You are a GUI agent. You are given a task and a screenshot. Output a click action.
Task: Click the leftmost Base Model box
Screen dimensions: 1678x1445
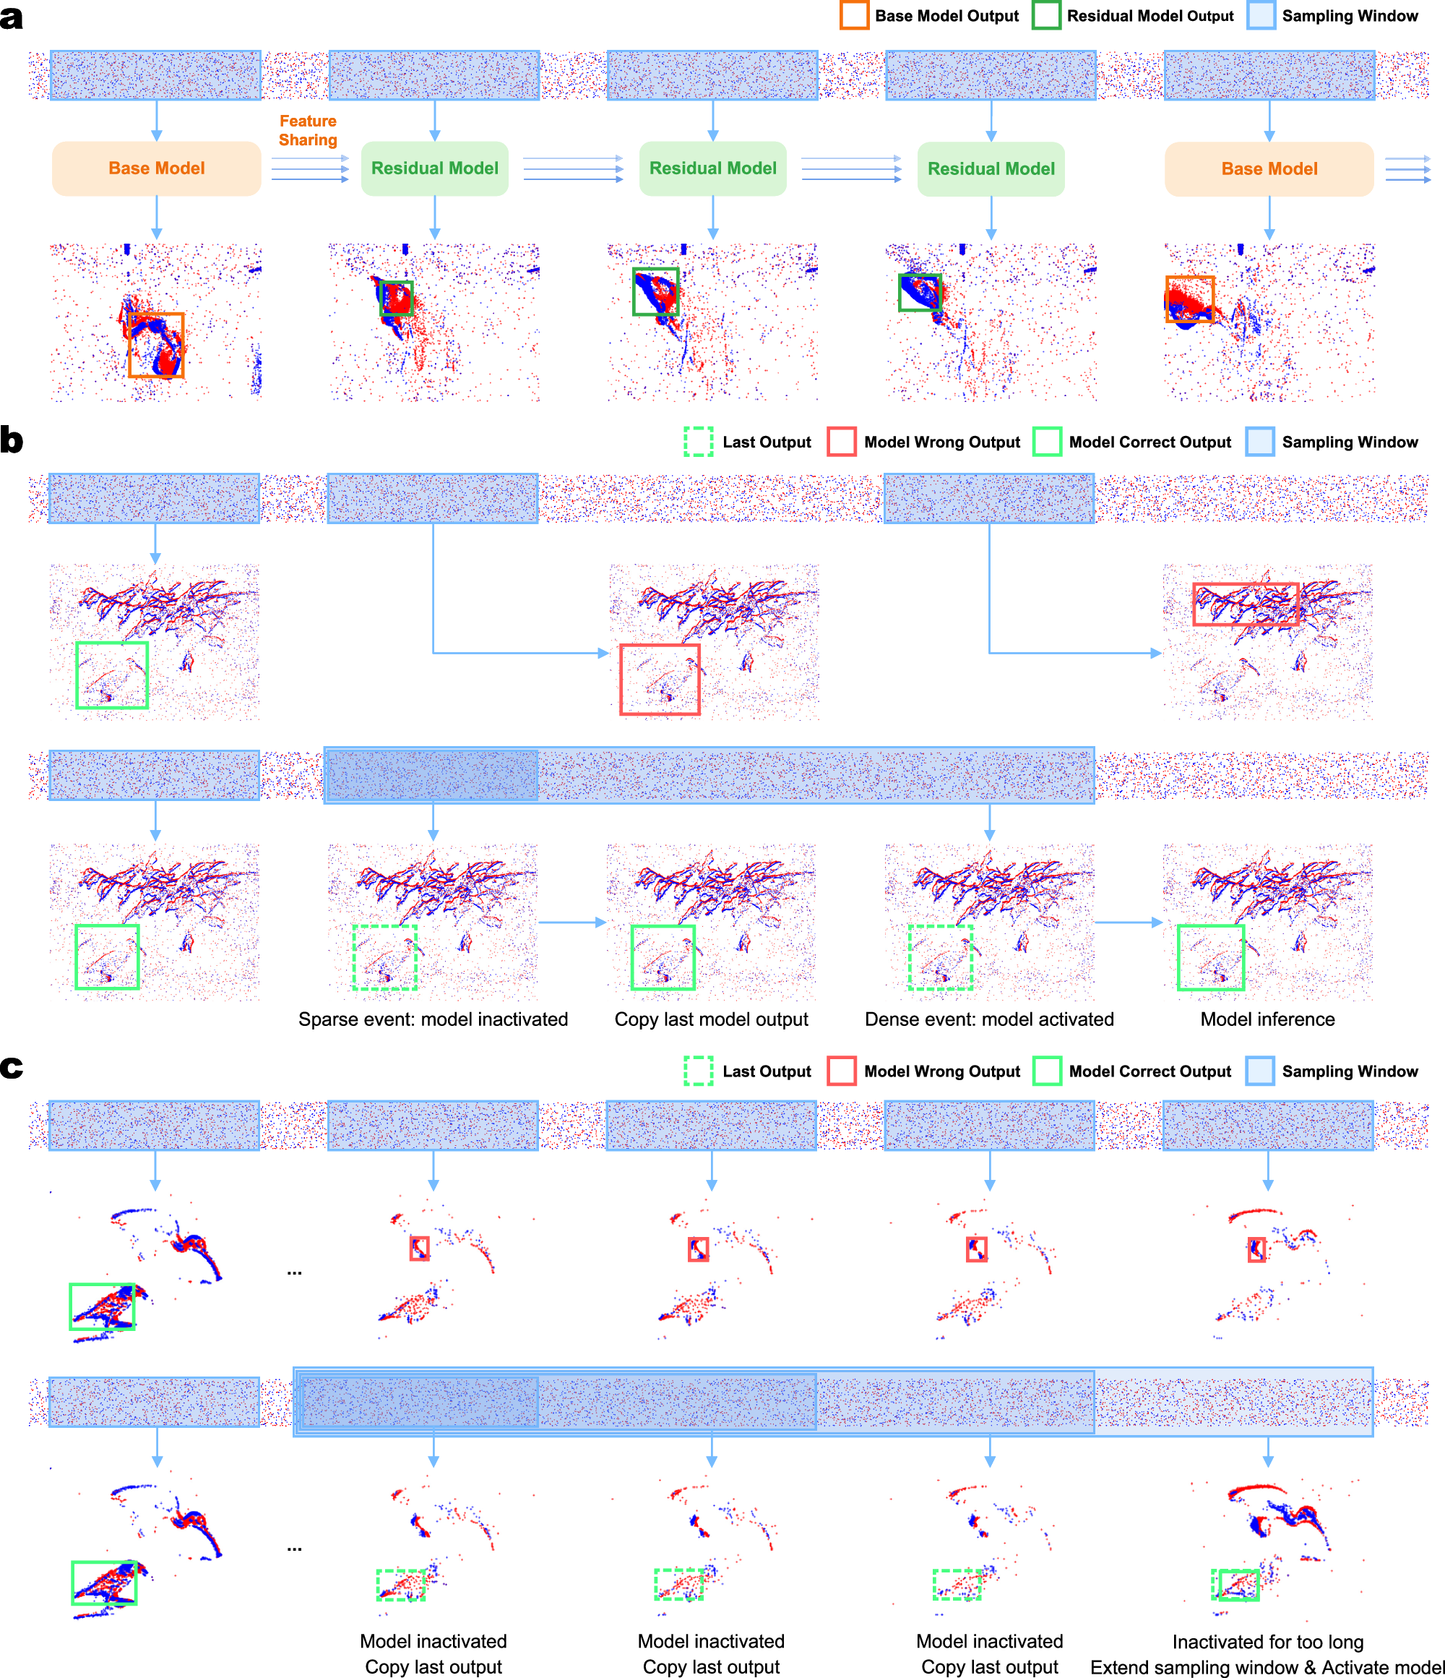pos(156,168)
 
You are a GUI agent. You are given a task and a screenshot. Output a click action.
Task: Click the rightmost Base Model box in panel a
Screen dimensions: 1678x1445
pos(1269,168)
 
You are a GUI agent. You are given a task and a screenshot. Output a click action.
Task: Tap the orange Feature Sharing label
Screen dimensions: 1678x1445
pos(308,130)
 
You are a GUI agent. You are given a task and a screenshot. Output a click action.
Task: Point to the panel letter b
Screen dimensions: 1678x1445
pos(12,440)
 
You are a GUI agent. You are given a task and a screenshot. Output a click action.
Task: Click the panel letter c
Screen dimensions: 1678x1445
pos(12,1066)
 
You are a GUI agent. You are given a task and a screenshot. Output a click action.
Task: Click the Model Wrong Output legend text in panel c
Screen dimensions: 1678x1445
pos(941,1071)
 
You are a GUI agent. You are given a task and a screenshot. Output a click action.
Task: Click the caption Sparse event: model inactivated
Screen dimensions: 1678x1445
pos(433,1019)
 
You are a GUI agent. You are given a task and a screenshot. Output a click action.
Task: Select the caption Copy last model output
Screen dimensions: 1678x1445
pos(711,1019)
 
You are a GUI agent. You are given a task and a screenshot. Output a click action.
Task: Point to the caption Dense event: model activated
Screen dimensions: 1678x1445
pos(989,1019)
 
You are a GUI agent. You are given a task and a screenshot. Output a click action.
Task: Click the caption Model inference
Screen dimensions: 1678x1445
pos(1267,1019)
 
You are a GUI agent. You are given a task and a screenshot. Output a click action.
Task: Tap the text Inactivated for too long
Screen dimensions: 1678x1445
pos(1267,1642)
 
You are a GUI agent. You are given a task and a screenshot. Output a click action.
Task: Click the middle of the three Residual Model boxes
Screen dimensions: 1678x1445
pos(712,168)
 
